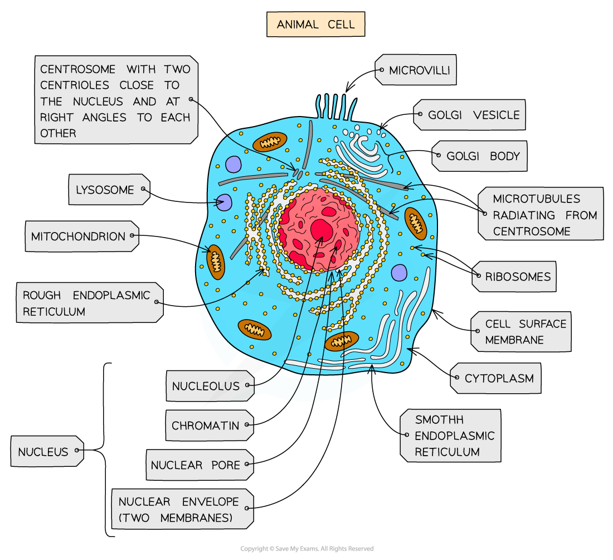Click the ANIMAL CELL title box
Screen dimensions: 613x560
pyautogui.click(x=315, y=24)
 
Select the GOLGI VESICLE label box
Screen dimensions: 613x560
pyautogui.click(x=469, y=115)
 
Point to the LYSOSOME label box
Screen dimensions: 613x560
pyautogui.click(x=109, y=190)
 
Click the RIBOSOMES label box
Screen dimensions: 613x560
pyautogui.click(x=514, y=276)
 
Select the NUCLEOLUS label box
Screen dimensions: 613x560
pyautogui.click(x=210, y=386)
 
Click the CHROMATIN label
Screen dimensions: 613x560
pyautogui.click(x=210, y=426)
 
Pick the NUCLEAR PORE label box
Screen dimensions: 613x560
pyautogui.click(x=200, y=465)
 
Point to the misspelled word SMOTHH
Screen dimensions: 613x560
pyautogui.click(x=439, y=420)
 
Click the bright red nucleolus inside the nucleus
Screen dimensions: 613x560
pyautogui.click(x=322, y=230)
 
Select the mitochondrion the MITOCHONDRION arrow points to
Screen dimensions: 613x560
pyautogui.click(x=216, y=262)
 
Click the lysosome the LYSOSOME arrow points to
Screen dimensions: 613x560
pyautogui.click(x=225, y=202)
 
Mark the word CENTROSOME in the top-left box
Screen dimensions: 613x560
pyautogui.click(x=78, y=69)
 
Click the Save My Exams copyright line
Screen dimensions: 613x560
pyautogui.click(x=307, y=549)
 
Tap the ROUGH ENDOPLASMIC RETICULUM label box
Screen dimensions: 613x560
pyautogui.click(x=90, y=302)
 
